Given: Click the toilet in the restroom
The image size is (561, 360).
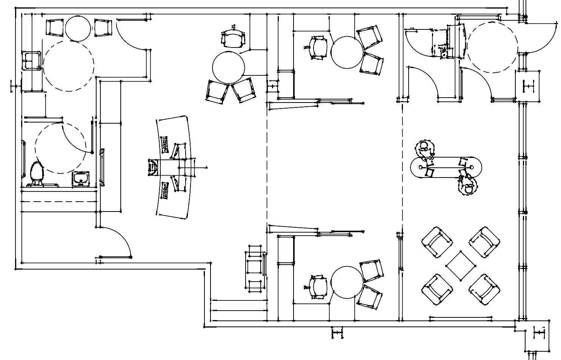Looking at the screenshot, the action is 37,173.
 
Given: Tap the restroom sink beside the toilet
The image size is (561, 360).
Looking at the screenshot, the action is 81,179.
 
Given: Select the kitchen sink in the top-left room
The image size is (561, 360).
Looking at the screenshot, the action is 31,60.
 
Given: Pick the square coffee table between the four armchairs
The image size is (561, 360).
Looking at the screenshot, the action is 460,266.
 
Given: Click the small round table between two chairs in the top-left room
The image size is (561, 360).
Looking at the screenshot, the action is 78,28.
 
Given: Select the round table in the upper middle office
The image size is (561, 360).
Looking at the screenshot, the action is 347,52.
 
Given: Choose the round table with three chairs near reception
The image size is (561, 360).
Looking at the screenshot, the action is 229,67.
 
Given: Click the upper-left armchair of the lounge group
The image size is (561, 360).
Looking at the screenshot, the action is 437,242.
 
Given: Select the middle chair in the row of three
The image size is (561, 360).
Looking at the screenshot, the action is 255,267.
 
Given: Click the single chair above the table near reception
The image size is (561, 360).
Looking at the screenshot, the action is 233,39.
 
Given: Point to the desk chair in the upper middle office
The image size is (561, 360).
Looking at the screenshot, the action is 318,47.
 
